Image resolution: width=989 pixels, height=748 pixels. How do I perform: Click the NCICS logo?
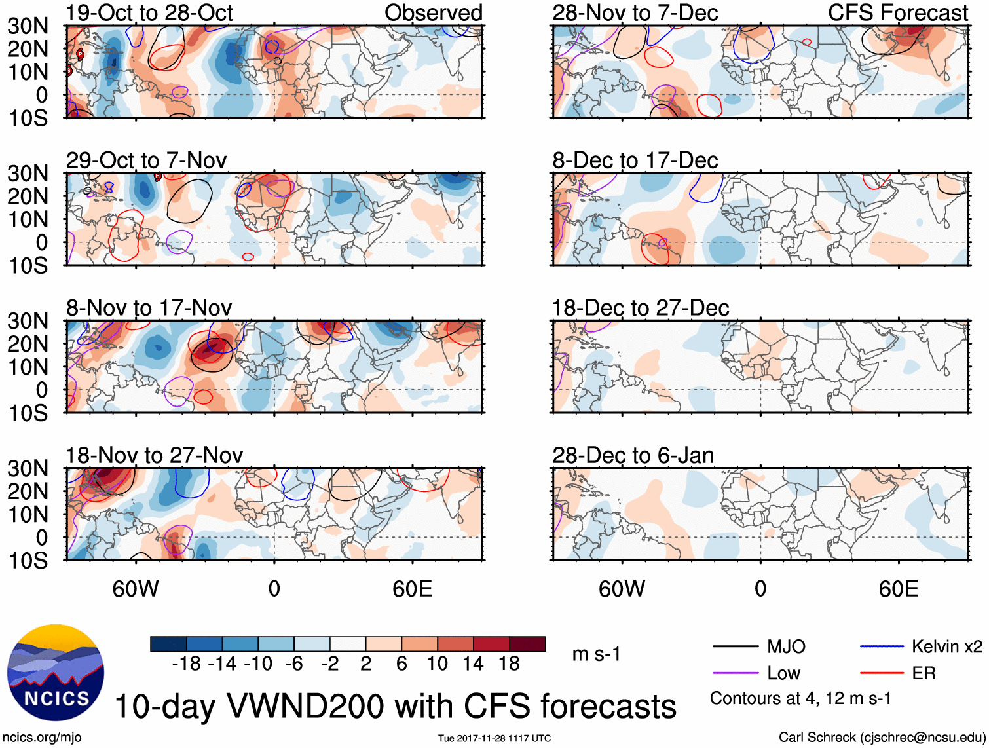click(x=56, y=673)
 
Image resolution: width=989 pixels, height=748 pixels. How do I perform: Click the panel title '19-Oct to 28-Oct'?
click(x=149, y=13)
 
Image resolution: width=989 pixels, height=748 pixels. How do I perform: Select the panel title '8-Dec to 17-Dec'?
click(x=635, y=160)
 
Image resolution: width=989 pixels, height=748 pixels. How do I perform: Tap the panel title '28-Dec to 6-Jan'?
click(x=633, y=455)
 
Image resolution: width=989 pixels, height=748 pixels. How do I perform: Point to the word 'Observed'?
click(x=433, y=13)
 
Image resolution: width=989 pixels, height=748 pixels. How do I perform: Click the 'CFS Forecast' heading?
click(x=897, y=13)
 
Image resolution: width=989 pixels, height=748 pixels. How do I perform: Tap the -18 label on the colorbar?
click(x=187, y=664)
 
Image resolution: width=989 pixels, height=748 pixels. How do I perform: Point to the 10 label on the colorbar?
click(x=437, y=664)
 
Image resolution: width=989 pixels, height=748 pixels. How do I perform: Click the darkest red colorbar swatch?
click(x=527, y=644)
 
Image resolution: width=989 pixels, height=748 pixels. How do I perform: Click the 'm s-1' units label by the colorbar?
click(x=596, y=654)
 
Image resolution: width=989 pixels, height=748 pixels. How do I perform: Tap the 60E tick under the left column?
click(x=412, y=589)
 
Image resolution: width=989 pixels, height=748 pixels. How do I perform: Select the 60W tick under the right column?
click(x=622, y=589)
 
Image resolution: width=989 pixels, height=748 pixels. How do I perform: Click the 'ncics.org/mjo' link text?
click(x=43, y=738)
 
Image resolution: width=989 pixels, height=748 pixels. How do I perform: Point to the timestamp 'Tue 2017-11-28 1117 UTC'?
click(x=494, y=738)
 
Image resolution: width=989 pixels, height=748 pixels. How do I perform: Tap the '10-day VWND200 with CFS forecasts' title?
click(x=395, y=706)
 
